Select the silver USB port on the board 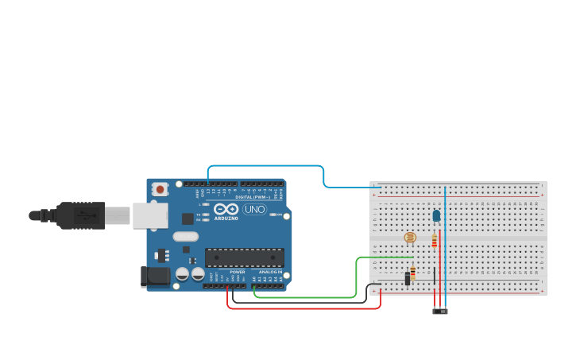click(x=150, y=215)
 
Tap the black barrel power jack click(x=154, y=277)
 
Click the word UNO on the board click(x=254, y=210)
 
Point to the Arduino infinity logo click(x=226, y=208)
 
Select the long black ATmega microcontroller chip click(x=244, y=257)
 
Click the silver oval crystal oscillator click(x=185, y=236)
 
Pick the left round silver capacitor click(x=182, y=273)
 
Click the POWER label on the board click(x=237, y=272)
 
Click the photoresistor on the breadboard click(x=410, y=238)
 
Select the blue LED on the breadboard click(x=436, y=215)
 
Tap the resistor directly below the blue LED click(x=434, y=241)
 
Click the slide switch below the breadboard click(x=440, y=311)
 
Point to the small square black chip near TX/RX click(x=187, y=219)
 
